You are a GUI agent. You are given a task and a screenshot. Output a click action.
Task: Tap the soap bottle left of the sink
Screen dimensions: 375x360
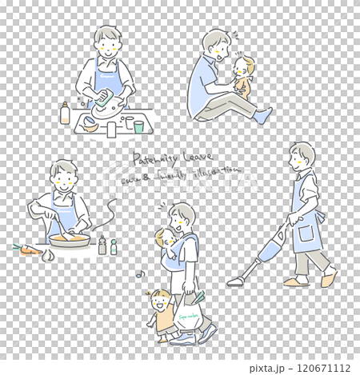click(x=65, y=114)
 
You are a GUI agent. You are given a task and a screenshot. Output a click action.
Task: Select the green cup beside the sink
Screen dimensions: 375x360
click(x=138, y=126)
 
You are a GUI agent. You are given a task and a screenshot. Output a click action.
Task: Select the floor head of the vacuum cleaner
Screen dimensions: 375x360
click(x=238, y=281)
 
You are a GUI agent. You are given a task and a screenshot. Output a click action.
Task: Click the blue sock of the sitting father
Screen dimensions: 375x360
click(x=262, y=115)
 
